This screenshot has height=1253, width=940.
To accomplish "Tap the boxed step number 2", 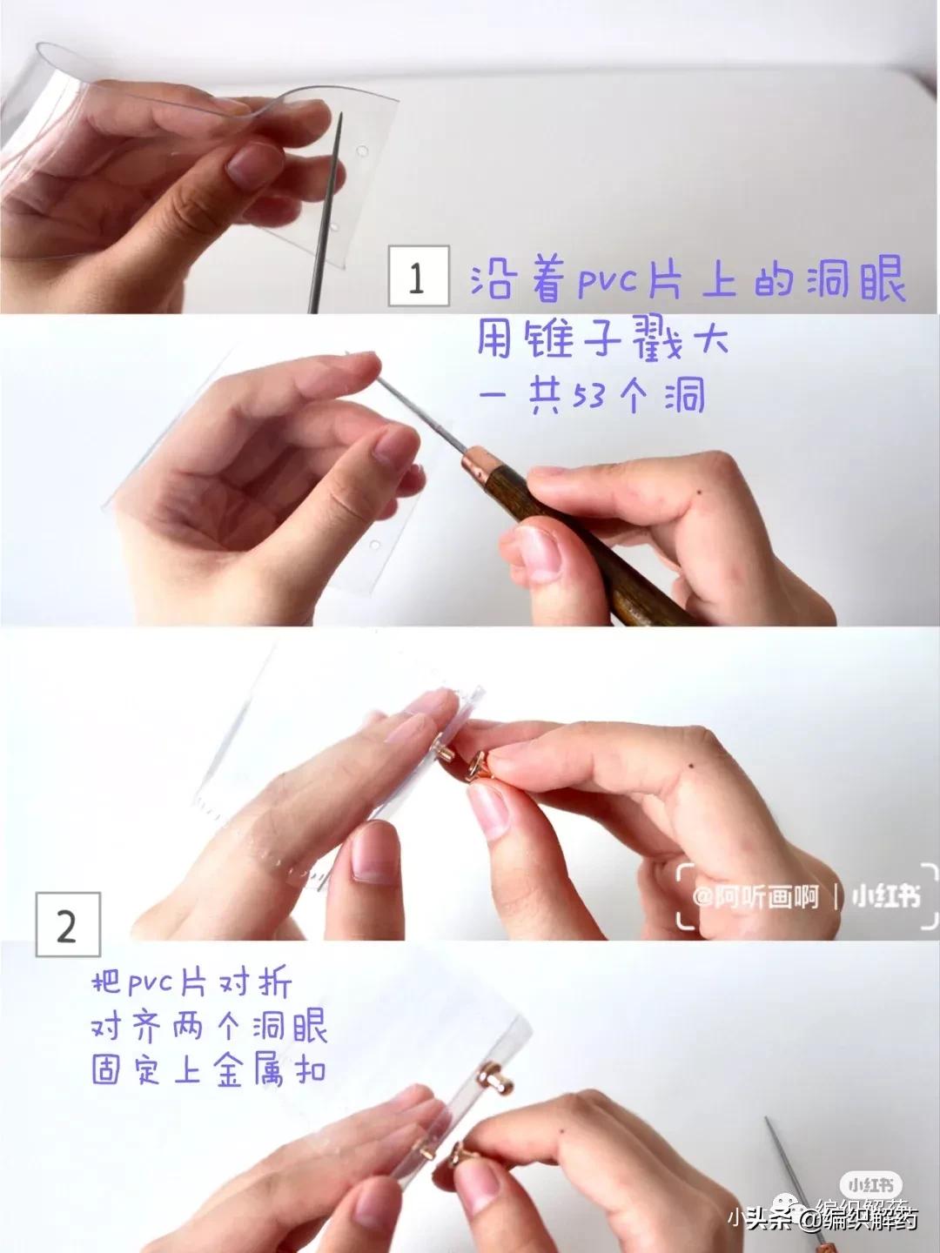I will [x=67, y=924].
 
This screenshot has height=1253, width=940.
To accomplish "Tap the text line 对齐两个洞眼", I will [x=209, y=1028].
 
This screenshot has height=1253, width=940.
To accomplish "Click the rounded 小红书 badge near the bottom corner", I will [x=870, y=1184].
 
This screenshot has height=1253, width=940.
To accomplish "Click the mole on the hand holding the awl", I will [x=699, y=496].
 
